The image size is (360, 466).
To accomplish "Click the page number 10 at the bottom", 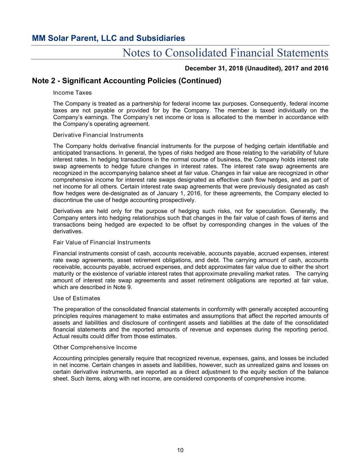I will pyautogui.click(x=180, y=450).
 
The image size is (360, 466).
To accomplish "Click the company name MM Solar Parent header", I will pyautogui.click(x=108, y=38).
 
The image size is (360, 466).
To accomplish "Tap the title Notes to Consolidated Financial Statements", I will pyautogui.click(x=225, y=53).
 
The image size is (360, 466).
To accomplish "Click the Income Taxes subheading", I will pyautogui.click(x=72, y=93).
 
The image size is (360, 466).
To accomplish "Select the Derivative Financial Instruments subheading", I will pyautogui.click(x=98, y=135).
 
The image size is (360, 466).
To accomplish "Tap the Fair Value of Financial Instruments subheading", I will pyautogui.click(x=102, y=242).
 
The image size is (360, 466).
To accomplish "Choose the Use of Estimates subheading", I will pyautogui.click(x=77, y=298).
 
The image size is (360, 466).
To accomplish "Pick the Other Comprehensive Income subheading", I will pyautogui.click(x=95, y=347).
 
